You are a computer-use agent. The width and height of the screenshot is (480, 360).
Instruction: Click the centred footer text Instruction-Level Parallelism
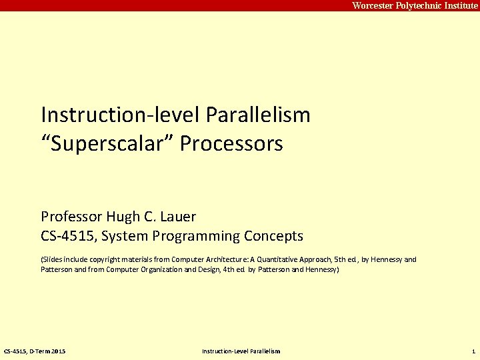click(241, 351)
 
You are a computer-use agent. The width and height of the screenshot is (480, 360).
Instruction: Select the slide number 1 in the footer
click(473, 351)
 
